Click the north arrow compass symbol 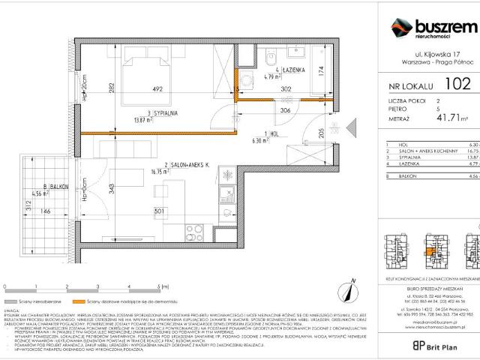[x=349, y=286]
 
